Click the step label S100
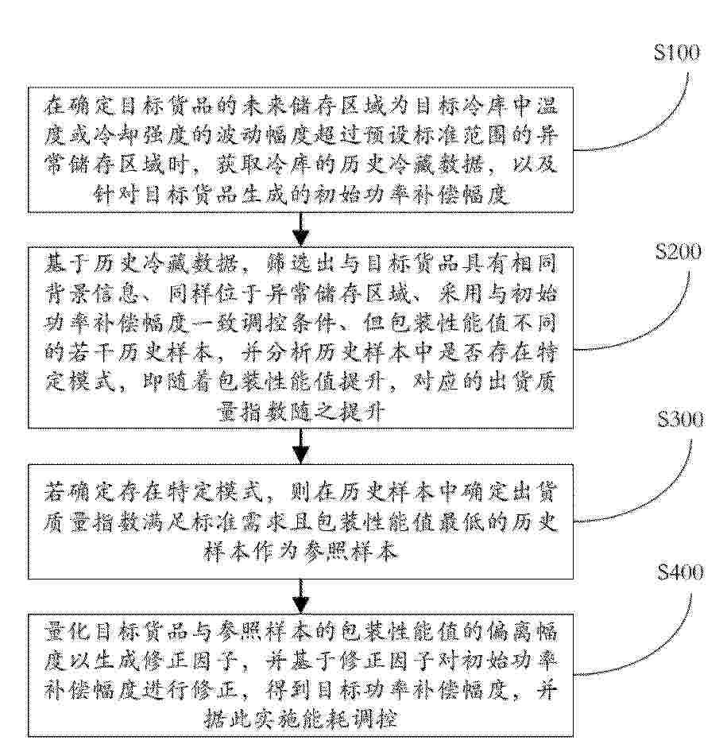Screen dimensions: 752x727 point(676,53)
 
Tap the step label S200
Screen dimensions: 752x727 point(677,252)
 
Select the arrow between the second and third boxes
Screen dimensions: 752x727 point(301,447)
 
